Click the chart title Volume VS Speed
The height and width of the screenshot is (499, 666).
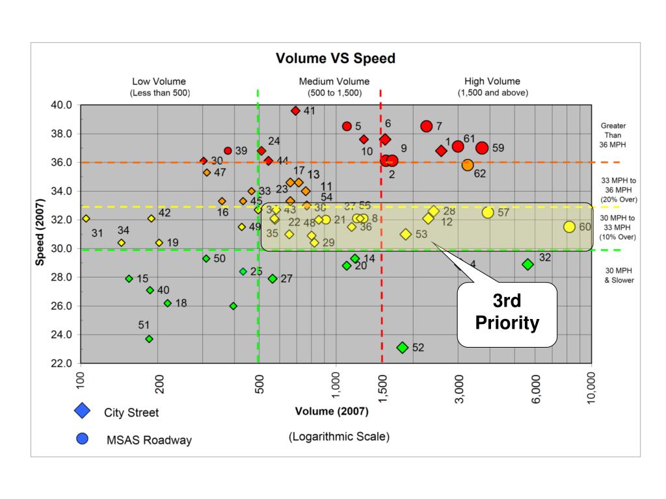335,58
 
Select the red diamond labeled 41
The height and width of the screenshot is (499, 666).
295,111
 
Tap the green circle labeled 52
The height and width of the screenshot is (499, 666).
403,348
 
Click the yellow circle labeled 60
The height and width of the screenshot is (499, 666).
569,227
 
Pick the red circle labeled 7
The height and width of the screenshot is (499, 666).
427,126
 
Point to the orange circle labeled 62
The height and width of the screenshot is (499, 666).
468,165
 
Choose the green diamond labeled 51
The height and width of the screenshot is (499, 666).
149,339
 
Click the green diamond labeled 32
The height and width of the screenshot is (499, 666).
527,264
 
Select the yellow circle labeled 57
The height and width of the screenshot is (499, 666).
488,212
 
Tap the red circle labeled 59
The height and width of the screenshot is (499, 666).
482,148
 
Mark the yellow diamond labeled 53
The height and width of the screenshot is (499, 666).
406,234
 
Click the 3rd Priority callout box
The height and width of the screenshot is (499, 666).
507,314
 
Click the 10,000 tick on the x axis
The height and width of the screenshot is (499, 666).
591,388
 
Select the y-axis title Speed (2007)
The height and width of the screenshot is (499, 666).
40,233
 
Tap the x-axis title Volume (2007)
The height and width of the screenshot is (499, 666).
331,411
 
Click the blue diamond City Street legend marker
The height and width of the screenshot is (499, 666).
83,411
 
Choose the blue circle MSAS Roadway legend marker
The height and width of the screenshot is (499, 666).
83,439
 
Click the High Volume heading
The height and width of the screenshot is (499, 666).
492,82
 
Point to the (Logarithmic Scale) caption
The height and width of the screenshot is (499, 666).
339,437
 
